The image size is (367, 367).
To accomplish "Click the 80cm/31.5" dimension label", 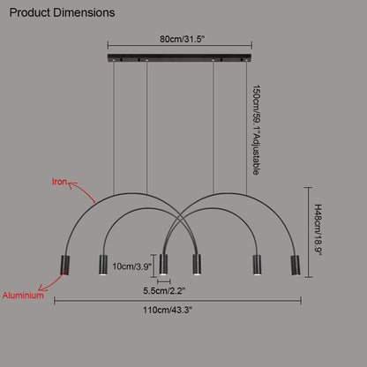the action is tap(182, 39).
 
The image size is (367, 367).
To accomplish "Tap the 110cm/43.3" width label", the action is tap(168, 310).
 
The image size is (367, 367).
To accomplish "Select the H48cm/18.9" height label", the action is tap(318, 229).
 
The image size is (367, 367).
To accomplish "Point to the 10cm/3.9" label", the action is tap(131, 266).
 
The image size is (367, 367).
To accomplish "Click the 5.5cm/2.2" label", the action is tap(164, 291).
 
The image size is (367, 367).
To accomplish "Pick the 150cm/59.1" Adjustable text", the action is tap(256, 131).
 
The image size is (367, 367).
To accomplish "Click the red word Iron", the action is tap(59, 182).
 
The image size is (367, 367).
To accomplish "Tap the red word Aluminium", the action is tap(23, 296).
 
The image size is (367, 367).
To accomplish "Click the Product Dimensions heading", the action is tap(62, 12).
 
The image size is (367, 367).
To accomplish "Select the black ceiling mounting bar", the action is tap(179, 58).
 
